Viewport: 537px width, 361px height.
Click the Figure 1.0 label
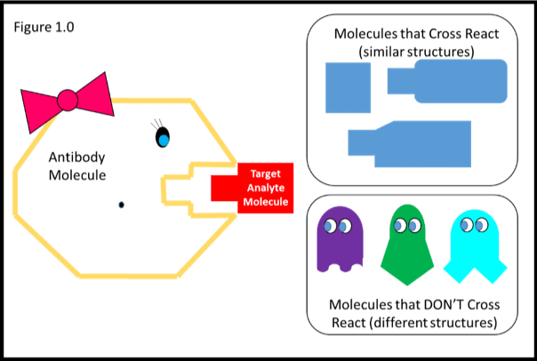[44, 27]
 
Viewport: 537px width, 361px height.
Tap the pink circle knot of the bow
[66, 100]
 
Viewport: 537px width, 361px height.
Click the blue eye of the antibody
[163, 140]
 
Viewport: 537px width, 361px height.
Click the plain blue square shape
[349, 88]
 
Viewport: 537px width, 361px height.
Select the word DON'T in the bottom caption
[422, 307]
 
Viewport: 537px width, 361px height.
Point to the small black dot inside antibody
[121, 205]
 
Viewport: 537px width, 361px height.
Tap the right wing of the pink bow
[96, 96]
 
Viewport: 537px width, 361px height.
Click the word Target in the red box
[265, 173]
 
